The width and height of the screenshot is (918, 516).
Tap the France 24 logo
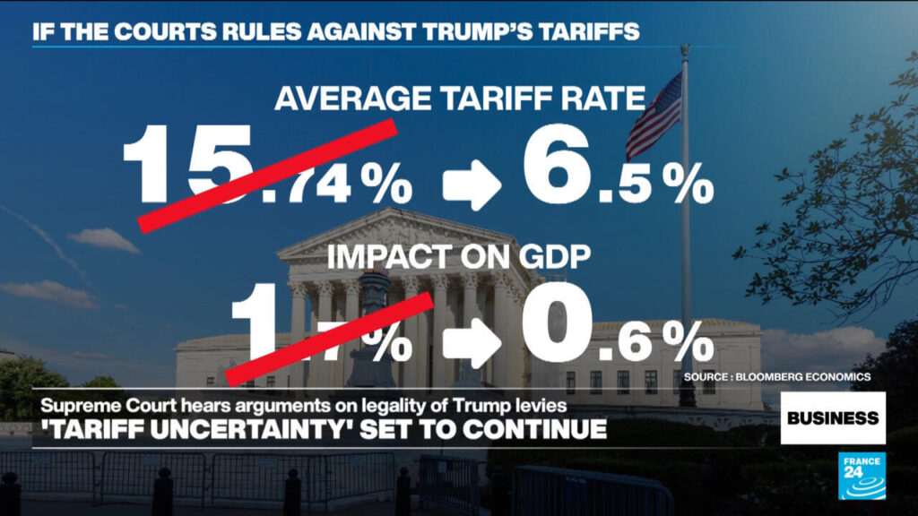862,476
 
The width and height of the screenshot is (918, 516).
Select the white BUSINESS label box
833,417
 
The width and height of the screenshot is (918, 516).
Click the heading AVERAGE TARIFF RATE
460,98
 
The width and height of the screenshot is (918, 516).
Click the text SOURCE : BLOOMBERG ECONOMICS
776,377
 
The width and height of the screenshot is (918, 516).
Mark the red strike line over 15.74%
268,175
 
